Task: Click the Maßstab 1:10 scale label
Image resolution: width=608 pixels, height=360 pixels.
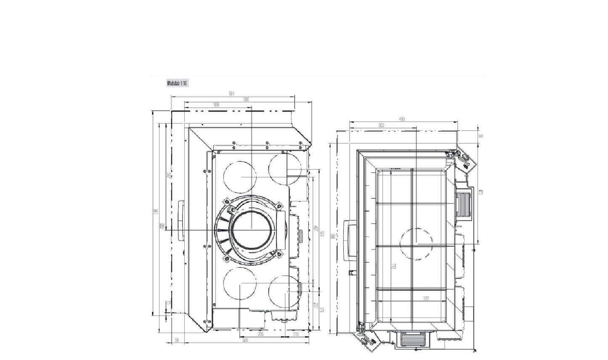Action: pos(177,83)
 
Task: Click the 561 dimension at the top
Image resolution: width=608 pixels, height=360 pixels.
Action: pos(231,94)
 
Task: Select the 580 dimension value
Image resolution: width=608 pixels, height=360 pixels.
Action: pos(246,100)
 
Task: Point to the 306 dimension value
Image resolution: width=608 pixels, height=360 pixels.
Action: pos(216,105)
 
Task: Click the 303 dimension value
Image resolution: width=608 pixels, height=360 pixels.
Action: pos(381,125)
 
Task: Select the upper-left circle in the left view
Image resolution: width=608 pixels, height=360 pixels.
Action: pos(239,176)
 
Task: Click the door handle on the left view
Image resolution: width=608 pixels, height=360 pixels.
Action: pos(181,220)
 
